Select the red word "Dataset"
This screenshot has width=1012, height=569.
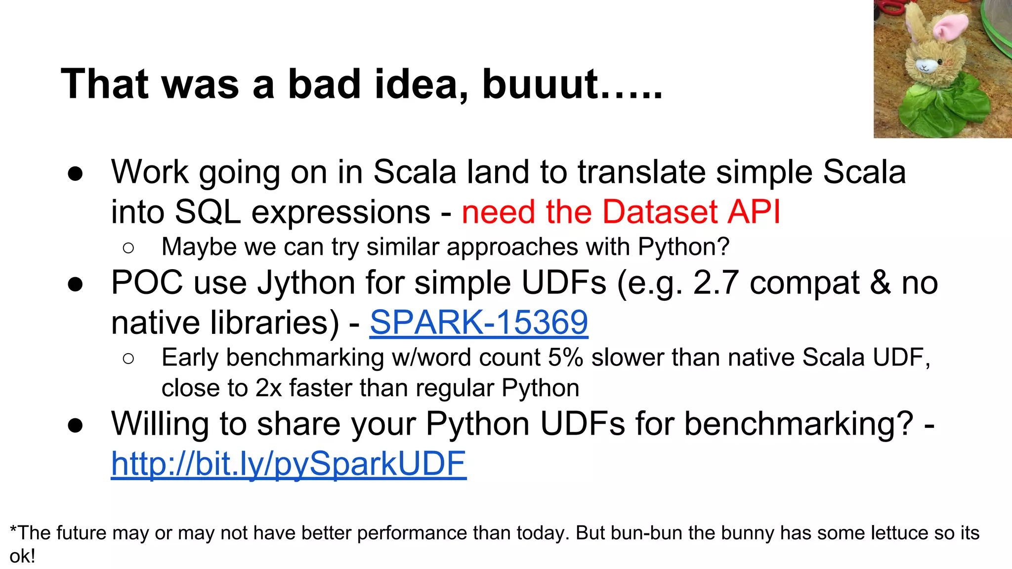660,212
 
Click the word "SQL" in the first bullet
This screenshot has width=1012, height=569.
208,212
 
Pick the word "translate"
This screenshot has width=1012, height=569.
642,172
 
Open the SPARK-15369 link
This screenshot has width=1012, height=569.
479,323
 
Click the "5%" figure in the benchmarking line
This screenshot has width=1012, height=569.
565,357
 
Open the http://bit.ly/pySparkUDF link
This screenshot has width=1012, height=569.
289,464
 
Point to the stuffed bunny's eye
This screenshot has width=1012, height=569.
940,62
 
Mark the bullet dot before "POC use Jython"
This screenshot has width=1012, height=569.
75,284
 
